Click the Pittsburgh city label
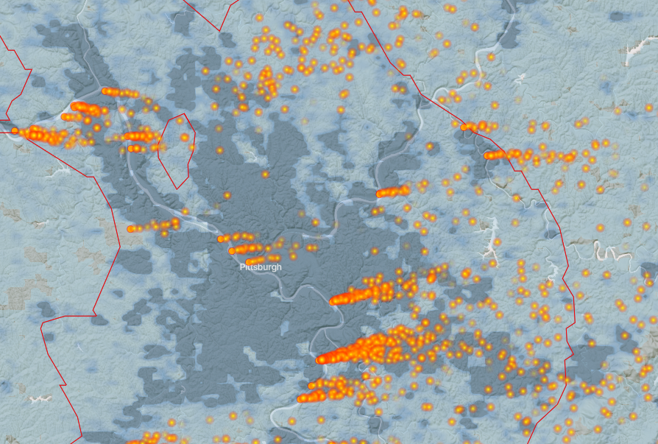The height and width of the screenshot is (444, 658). [260, 267]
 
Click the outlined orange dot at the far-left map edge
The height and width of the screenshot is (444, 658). [14, 130]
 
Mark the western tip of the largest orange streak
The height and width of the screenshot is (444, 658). [320, 360]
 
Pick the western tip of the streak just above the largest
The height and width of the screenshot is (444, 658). [333, 300]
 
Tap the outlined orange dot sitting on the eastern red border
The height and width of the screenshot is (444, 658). [464, 127]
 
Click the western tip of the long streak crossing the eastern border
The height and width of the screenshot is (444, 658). [488, 155]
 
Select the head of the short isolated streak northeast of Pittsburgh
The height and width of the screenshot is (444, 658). [380, 194]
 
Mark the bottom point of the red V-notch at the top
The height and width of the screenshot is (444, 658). [219, 31]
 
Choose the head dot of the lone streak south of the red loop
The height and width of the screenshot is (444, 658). [130, 229]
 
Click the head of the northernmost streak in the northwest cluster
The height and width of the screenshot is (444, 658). [105, 91]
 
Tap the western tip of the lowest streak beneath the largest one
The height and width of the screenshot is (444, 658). [300, 398]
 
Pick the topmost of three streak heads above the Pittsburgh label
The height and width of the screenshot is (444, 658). [221, 239]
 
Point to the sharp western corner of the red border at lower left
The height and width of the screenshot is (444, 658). [42, 322]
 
